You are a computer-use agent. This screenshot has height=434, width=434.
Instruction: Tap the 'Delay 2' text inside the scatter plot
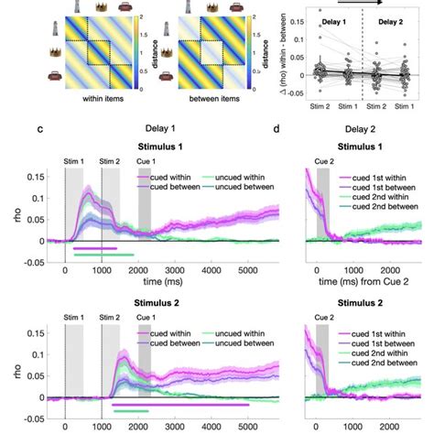click(396, 18)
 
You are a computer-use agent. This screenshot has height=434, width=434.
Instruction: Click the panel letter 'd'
click(302, 130)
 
